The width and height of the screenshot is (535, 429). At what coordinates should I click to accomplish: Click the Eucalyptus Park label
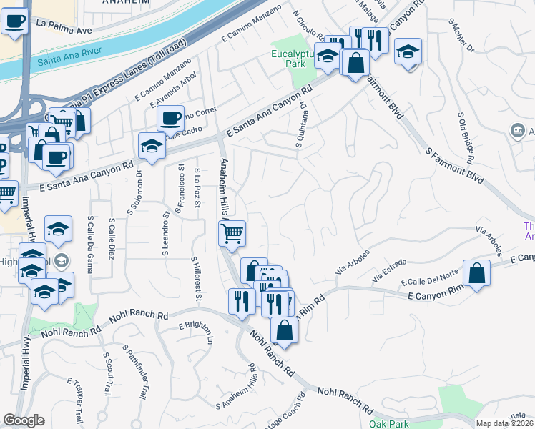tap(293, 56)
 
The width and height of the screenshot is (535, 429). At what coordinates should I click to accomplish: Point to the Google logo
tap(24, 420)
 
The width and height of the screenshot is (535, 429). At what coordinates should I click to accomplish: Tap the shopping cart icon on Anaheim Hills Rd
tap(232, 234)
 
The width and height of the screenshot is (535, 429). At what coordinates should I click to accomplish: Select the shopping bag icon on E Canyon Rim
tap(476, 273)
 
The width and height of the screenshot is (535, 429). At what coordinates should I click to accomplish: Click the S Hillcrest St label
tap(196, 280)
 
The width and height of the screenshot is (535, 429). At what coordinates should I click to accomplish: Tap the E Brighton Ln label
tap(196, 334)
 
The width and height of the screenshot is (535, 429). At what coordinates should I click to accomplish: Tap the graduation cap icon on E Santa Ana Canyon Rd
tap(152, 146)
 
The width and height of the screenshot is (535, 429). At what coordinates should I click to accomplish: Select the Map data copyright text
tap(505, 423)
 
